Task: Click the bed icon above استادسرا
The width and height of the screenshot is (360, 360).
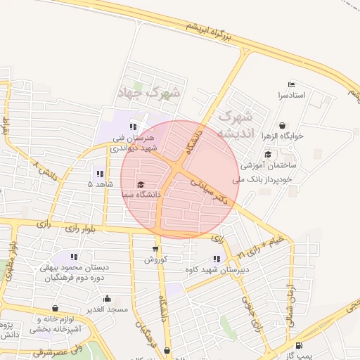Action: click(x=291, y=85)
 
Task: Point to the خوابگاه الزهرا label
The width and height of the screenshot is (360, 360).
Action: click(x=282, y=136)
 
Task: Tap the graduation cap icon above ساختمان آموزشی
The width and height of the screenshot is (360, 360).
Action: click(x=268, y=155)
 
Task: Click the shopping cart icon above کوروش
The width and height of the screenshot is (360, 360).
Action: click(x=155, y=249)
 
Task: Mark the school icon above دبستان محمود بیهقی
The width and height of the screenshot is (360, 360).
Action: click(x=74, y=257)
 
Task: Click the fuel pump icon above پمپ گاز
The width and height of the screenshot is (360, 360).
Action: click(x=300, y=345)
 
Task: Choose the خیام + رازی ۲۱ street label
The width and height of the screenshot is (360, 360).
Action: click(x=260, y=245)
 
